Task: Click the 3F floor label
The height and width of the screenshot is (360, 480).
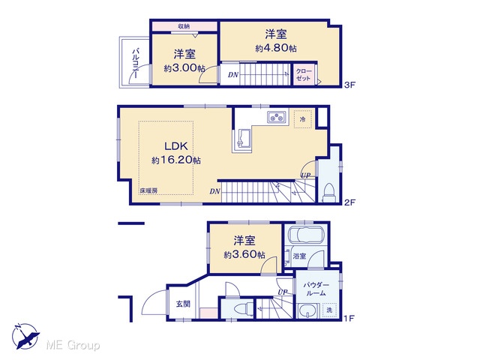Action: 349,85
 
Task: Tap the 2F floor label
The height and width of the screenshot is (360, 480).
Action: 349,202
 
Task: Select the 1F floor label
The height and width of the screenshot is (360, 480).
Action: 349,318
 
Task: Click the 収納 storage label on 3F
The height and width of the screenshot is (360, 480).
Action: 184,26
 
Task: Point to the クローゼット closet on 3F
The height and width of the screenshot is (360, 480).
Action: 303,75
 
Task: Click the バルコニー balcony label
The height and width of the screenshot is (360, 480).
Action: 136,63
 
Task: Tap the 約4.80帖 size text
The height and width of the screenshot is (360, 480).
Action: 276,48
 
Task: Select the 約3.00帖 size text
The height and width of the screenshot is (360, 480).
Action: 184,68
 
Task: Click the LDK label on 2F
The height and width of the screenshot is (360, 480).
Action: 176,146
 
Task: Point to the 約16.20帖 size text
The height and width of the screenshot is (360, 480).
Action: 176,160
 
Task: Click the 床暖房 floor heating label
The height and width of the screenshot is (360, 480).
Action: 148,190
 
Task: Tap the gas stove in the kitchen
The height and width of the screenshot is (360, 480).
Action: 277,117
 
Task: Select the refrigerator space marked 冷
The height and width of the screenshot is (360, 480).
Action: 303,119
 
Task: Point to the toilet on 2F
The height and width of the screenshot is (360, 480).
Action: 329,192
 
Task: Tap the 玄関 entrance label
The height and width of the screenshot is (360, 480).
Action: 183,304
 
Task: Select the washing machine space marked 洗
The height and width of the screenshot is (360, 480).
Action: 329,310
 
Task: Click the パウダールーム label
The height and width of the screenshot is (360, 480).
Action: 316,289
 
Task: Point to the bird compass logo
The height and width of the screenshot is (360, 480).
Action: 25,336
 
